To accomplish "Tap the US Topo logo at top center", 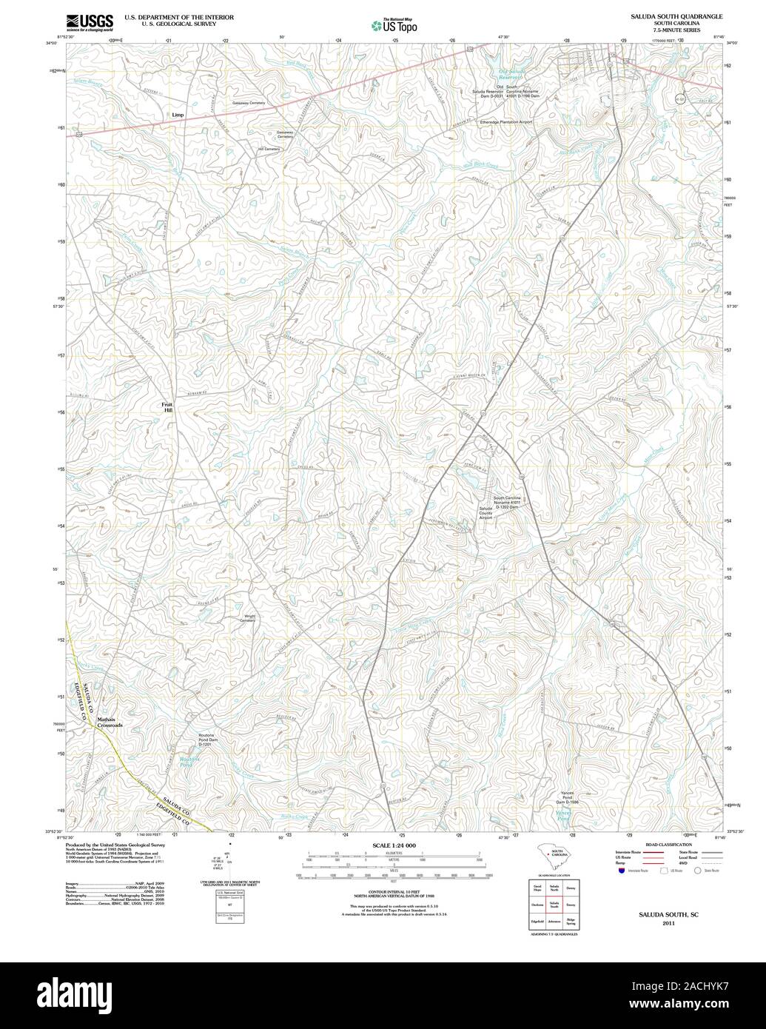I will coord(394,26).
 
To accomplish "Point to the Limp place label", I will coord(177,115).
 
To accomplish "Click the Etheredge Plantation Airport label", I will coord(505,121).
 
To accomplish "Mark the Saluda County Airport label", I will coord(486,513).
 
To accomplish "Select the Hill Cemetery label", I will coord(269,149).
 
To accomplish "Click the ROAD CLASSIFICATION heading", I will coord(668,845).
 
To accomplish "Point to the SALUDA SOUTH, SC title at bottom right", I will coord(668,915).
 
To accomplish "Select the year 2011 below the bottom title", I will coord(668,923).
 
